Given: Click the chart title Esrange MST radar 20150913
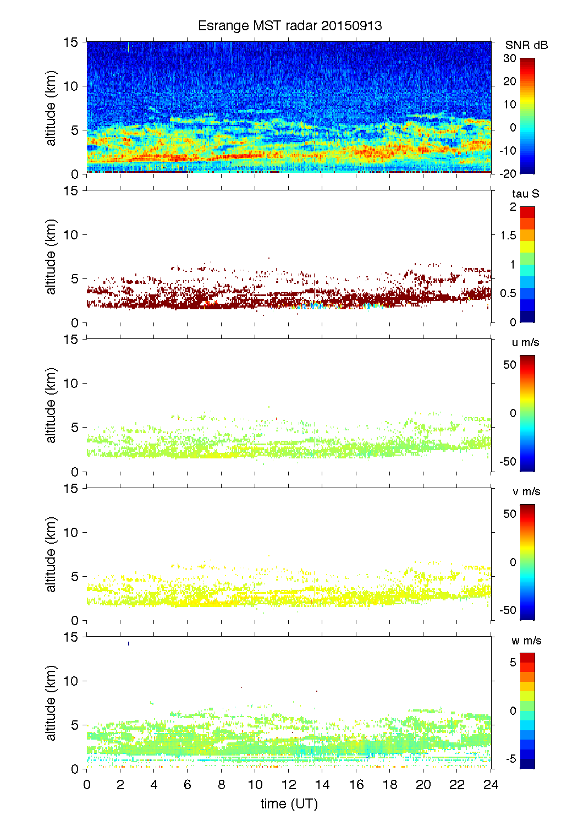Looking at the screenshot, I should [289, 26].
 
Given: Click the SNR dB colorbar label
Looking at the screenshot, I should [526, 45].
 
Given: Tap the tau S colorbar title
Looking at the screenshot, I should [525, 194].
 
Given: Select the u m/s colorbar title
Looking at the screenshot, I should [525, 342].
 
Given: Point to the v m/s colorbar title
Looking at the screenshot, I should [526, 491].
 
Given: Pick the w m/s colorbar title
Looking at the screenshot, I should [526, 641].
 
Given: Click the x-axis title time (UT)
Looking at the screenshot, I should [289, 803].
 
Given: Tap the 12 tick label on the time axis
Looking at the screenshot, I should [289, 784].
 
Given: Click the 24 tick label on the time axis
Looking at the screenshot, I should [491, 784].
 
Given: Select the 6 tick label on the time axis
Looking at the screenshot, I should [188, 784].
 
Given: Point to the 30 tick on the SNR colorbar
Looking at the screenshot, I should [510, 58].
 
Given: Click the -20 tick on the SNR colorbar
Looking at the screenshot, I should [508, 173].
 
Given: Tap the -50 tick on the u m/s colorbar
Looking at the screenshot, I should [508, 461].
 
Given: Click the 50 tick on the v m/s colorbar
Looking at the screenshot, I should [510, 514].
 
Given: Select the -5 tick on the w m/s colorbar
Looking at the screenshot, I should [510, 759].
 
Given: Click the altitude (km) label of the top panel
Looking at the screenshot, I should [51, 108].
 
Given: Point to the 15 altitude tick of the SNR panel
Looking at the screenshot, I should [71, 42].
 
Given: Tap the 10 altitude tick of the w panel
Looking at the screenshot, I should [71, 681].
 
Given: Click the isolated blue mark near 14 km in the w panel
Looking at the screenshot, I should [129, 643].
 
